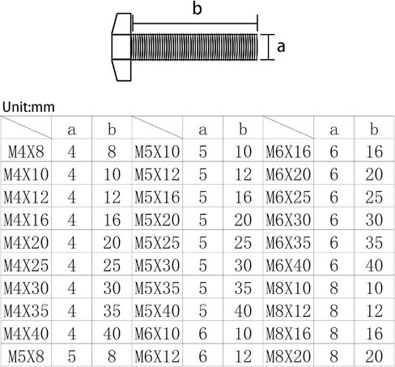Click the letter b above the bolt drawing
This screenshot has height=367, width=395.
(197, 8)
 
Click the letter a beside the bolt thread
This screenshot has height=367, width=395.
(281, 47)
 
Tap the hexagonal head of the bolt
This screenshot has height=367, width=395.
(121, 47)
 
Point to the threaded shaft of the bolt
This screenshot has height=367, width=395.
(194, 47)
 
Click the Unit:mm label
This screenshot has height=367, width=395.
(28, 107)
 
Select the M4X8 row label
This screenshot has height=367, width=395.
(26, 151)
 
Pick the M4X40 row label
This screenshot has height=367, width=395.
(26, 334)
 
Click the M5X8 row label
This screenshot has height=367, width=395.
(26, 356)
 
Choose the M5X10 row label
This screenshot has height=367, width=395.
(157, 151)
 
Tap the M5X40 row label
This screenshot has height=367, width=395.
(157, 311)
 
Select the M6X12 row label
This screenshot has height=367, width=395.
(157, 356)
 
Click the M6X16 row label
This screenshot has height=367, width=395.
(288, 151)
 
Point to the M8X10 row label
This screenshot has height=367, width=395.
(288, 288)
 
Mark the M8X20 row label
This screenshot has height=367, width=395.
(288, 356)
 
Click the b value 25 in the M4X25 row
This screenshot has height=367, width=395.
(112, 266)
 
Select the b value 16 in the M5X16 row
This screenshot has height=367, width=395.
(244, 197)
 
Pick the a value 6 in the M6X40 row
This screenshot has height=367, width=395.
(333, 266)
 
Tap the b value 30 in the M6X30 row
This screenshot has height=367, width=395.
(374, 220)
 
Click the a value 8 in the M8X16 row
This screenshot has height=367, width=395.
(333, 334)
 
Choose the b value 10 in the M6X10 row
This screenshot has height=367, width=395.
(244, 334)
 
